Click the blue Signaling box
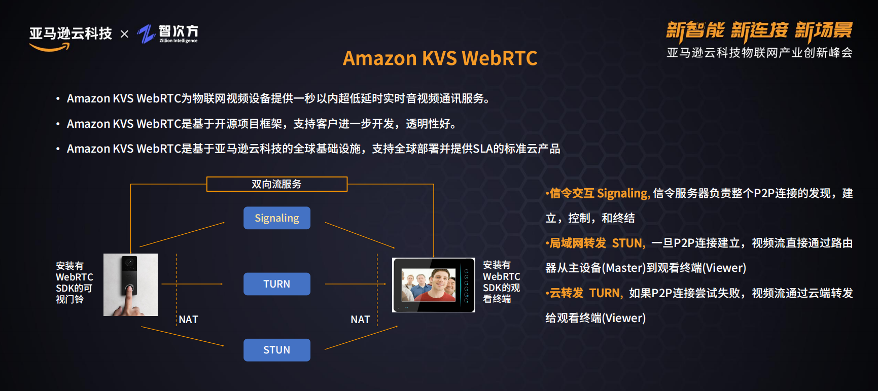pos(276,218)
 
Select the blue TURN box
pos(276,284)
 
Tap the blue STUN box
pos(276,350)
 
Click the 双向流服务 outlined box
pos(276,184)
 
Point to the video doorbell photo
pos(130,285)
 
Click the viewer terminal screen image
pos(434,285)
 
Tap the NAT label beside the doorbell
pos(188,319)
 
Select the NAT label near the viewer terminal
pos(360,319)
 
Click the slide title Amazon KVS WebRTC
pos(440,58)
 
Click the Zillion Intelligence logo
pos(168,34)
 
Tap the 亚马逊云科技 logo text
pos(71,34)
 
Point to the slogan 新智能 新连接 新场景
pos(759,31)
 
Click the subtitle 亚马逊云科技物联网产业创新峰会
pos(759,53)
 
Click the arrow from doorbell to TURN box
pos(192,284)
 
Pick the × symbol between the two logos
pos(124,34)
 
